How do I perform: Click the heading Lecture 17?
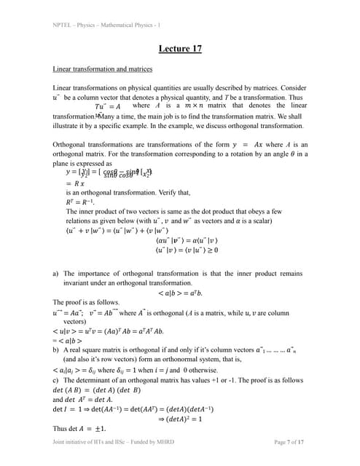click(180, 49)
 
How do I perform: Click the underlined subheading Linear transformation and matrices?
click(103, 69)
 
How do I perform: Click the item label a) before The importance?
click(56, 273)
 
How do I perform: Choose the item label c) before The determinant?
click(56, 379)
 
